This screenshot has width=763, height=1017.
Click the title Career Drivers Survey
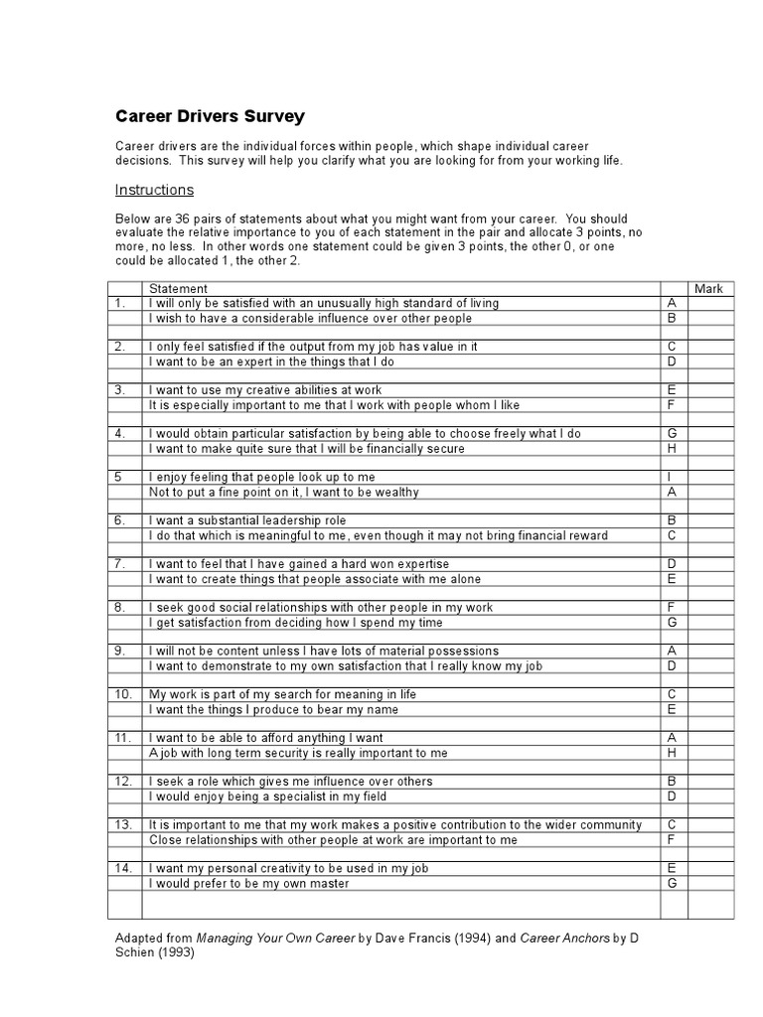pyautogui.click(x=210, y=116)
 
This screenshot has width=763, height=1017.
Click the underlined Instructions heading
pyautogui.click(x=154, y=190)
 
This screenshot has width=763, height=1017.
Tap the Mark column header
pyautogui.click(x=708, y=289)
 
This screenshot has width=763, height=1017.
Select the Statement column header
pyautogui.click(x=178, y=289)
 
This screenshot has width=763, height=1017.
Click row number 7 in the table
pyautogui.click(x=119, y=564)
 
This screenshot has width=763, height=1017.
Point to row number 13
pyautogui.click(x=123, y=824)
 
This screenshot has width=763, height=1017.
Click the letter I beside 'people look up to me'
pyautogui.click(x=672, y=478)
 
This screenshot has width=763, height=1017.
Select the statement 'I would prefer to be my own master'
pyautogui.click(x=248, y=883)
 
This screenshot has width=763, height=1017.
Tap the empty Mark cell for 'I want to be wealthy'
pyautogui.click(x=709, y=492)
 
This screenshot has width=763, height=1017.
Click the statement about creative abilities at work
pyautogui.click(x=264, y=390)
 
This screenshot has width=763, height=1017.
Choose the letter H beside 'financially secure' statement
pyautogui.click(x=672, y=449)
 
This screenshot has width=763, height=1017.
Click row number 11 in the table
pyautogui.click(x=123, y=738)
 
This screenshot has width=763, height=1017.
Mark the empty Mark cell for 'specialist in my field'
pyautogui.click(x=709, y=796)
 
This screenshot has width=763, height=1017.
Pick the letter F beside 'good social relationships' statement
pyautogui.click(x=672, y=607)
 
